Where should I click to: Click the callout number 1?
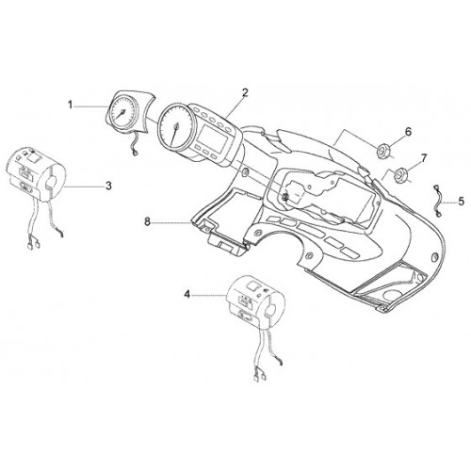tap(71, 105)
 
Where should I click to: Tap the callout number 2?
tap(245, 92)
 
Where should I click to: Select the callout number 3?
tap(108, 186)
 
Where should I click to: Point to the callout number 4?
tap(187, 295)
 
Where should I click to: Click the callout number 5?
tap(461, 201)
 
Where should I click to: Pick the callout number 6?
tap(408, 132)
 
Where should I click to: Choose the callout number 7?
tap(424, 158)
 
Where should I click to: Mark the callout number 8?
tap(147, 221)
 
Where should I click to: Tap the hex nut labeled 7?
tap(400, 174)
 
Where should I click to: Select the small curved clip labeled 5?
tap(437, 202)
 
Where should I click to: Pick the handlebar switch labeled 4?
tap(256, 302)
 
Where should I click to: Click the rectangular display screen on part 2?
tap(212, 135)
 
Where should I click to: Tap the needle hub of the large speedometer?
tap(176, 126)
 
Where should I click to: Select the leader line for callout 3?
tap(84, 187)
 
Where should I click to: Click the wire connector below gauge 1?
tap(136, 153)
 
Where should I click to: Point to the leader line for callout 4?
tap(210, 295)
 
